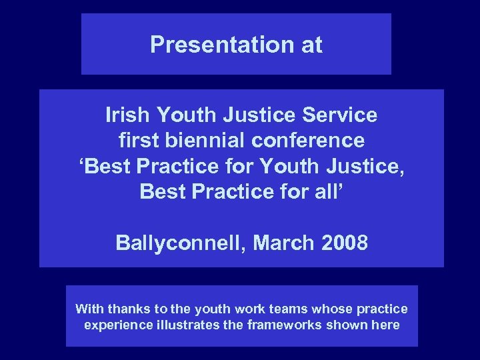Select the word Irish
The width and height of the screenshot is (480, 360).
coord(127,115)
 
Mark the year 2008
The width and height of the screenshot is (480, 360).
coord(344,242)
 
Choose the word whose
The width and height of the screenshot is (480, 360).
coord(311,309)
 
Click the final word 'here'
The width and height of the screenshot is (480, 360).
coord(387,325)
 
